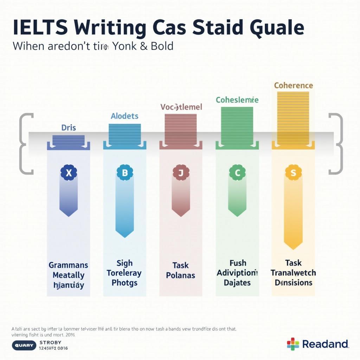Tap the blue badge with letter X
[x=69, y=172]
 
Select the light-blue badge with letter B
[x=125, y=172]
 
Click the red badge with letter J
[x=181, y=172]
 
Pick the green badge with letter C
[x=237, y=172]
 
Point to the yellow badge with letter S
[x=293, y=172]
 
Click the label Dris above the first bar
[x=69, y=128]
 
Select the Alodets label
[x=124, y=116]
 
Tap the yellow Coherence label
[x=293, y=85]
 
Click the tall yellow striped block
[x=293, y=118]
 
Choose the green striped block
[x=237, y=126]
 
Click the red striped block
[x=181, y=129]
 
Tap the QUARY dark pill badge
[x=24, y=345]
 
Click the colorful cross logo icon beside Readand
[x=293, y=344]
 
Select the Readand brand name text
[x=325, y=344]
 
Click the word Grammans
[x=69, y=265]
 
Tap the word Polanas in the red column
[x=181, y=275]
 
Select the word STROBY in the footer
[x=51, y=342]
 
